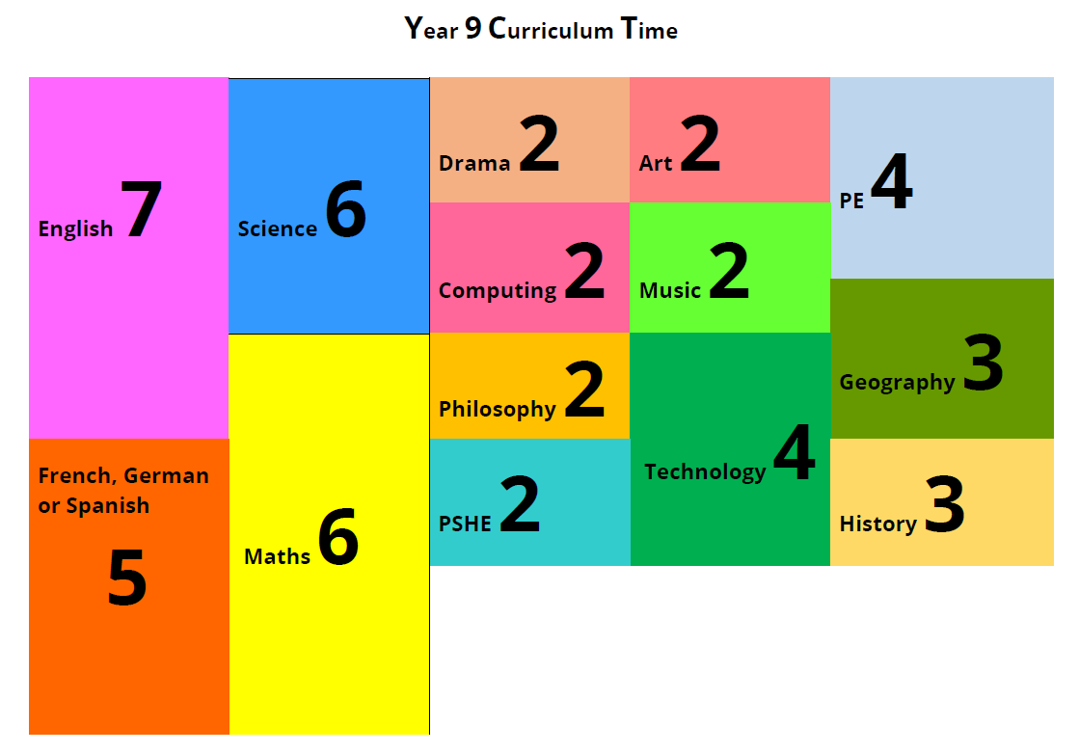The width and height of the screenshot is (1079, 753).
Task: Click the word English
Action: tap(75, 229)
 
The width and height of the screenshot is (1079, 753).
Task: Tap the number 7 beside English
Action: tap(141, 210)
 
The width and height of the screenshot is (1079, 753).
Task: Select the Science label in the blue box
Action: tap(278, 229)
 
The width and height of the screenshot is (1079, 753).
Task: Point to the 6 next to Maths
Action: tap(338, 539)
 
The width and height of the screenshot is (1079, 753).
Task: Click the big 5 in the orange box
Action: tap(127, 579)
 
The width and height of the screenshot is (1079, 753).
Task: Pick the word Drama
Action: tap(474, 163)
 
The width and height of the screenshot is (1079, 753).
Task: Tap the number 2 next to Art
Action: tap(700, 145)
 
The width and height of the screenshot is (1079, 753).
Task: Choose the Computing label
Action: tap(498, 290)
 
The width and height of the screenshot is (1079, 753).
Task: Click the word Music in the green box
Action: tap(670, 290)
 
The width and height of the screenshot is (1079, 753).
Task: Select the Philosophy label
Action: tap(498, 409)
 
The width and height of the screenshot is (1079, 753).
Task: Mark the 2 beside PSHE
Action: tap(521, 505)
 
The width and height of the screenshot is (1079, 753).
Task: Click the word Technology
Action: tap(705, 471)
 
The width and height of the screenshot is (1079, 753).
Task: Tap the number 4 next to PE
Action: tap(892, 184)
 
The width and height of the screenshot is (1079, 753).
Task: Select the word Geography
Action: tap(897, 382)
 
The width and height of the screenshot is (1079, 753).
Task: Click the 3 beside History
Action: tap(945, 505)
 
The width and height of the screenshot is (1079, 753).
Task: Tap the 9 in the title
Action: tap(472, 29)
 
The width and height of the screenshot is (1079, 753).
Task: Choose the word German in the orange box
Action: tap(166, 475)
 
